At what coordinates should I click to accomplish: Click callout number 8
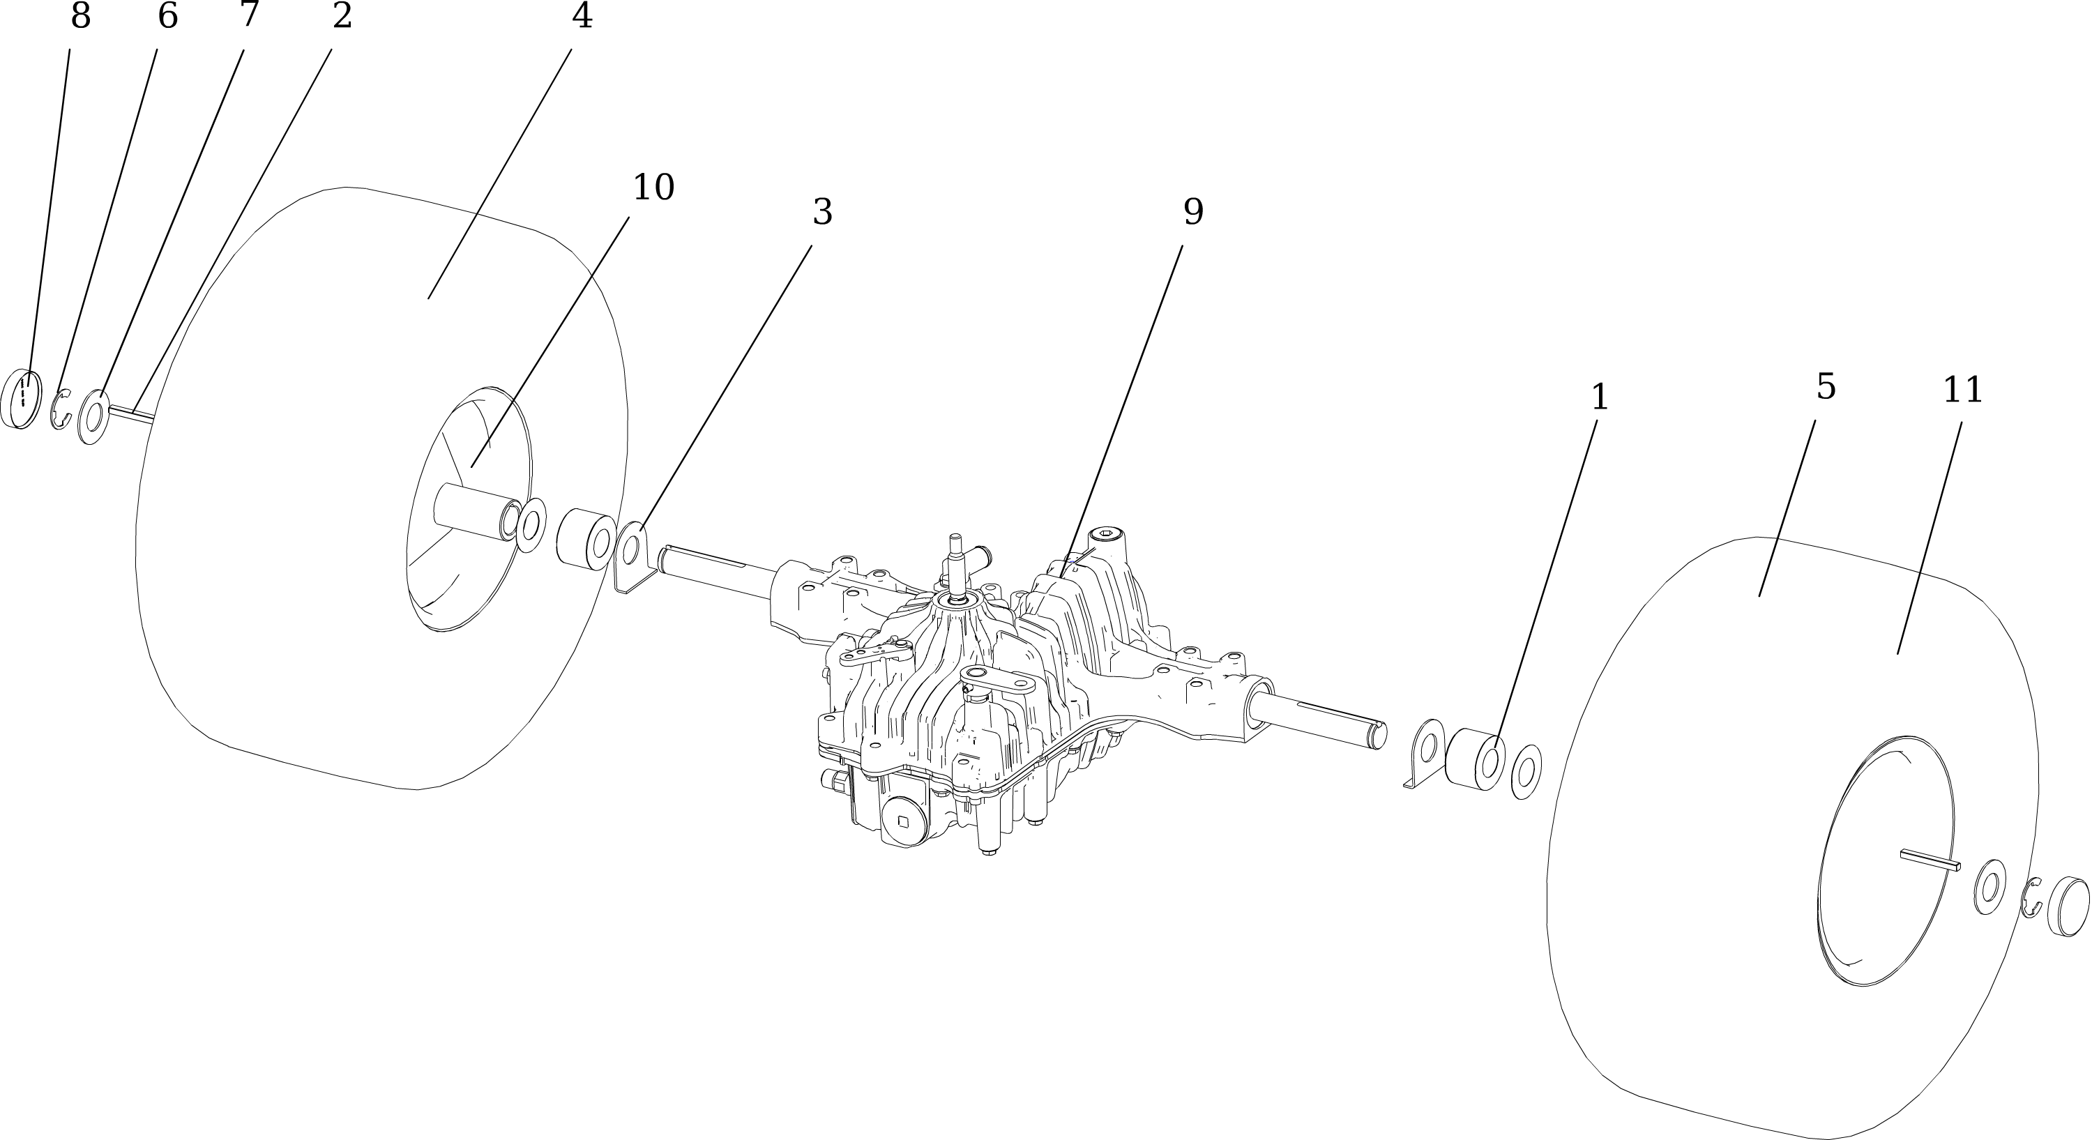pyautogui.click(x=80, y=15)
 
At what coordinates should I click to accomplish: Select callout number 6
pyautogui.click(x=167, y=15)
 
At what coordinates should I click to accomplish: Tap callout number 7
pyautogui.click(x=250, y=14)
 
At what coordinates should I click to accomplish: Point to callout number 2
pyautogui.click(x=342, y=15)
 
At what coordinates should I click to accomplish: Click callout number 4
pyautogui.click(x=582, y=15)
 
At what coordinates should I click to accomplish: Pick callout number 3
pyautogui.click(x=823, y=212)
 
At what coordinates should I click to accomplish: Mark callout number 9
pyautogui.click(x=1193, y=212)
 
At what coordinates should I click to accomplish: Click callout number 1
pyautogui.click(x=1599, y=397)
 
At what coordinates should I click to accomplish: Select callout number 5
pyautogui.click(x=1826, y=386)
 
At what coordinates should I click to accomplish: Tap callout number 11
pyautogui.click(x=1963, y=390)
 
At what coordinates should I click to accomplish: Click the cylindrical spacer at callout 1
pyautogui.click(x=1475, y=760)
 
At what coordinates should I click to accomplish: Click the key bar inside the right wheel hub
pyautogui.click(x=1931, y=859)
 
